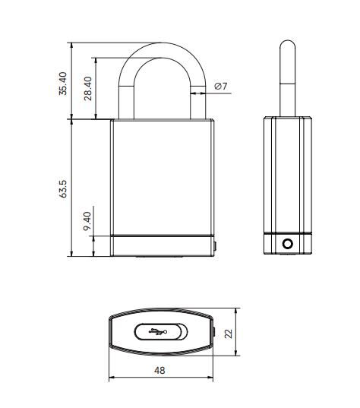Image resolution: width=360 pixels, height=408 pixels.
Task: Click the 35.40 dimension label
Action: pos(63,84)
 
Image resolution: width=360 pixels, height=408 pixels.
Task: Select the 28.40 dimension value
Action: pos(89,89)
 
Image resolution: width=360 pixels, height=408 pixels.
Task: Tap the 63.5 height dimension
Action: pos(63,188)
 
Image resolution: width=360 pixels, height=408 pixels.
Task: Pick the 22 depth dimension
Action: pos(249,332)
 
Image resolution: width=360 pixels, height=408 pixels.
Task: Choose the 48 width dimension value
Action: pos(159,370)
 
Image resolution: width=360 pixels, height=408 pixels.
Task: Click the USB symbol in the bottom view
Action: pos(158,331)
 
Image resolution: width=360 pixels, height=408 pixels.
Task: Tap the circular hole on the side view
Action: pos(287,244)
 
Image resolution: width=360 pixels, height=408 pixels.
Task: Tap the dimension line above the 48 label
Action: pos(161,378)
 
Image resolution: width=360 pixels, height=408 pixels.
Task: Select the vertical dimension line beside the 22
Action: pos(238,332)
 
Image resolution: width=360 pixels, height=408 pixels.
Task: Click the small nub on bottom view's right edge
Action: pos(215,332)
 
